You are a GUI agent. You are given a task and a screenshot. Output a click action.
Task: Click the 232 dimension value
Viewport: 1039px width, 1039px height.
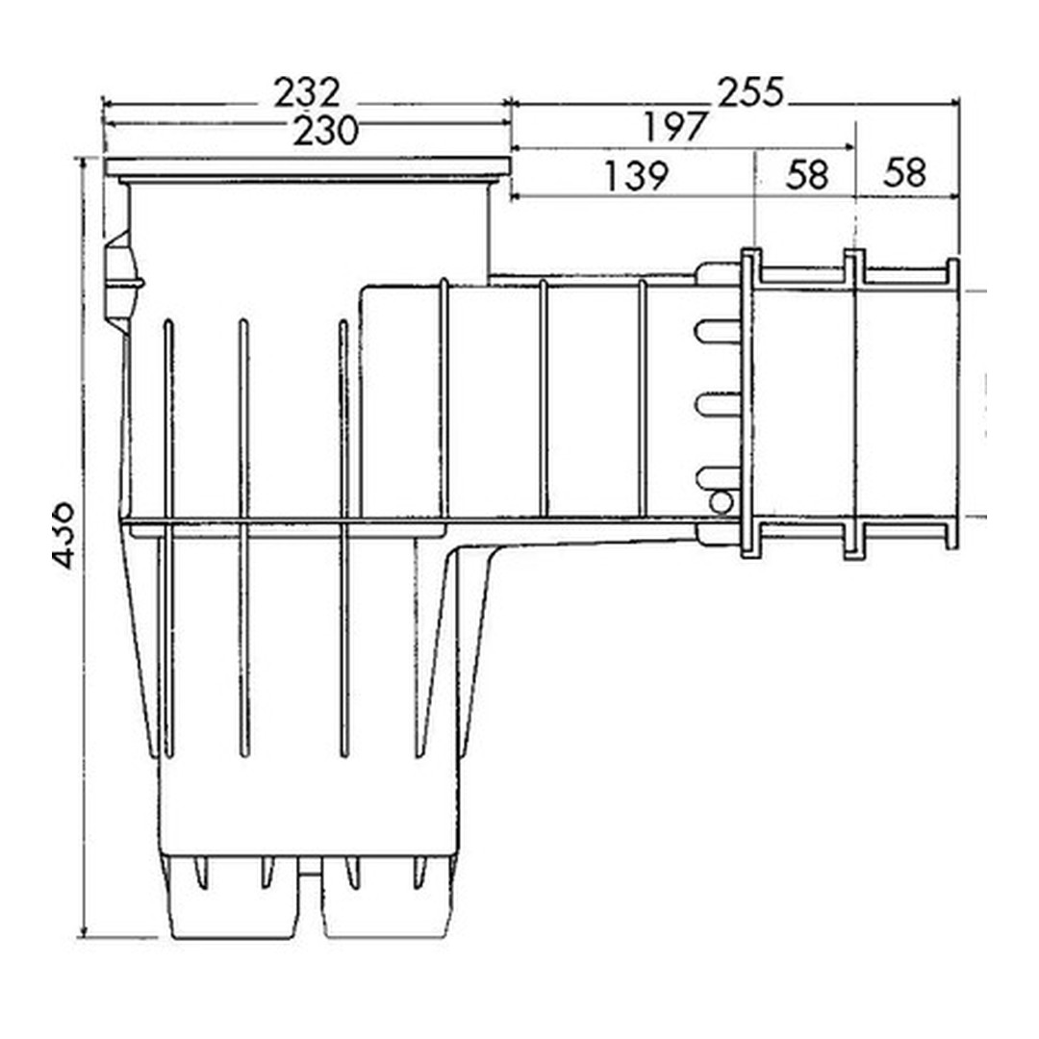click(x=307, y=94)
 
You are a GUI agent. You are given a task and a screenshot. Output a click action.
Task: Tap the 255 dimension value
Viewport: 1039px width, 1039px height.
click(x=750, y=92)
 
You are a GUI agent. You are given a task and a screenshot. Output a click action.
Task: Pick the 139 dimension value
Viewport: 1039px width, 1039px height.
click(x=635, y=176)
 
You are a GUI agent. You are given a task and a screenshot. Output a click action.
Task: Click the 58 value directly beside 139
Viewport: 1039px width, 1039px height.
click(x=806, y=175)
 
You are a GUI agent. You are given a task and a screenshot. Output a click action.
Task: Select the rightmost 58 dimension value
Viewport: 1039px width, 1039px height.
click(x=904, y=173)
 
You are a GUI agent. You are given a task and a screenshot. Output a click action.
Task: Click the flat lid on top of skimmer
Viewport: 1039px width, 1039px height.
click(x=307, y=168)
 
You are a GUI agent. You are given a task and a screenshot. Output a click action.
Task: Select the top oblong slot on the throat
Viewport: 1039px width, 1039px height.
click(x=718, y=332)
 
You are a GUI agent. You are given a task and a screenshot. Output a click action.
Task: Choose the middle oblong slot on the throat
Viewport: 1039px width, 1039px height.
click(x=718, y=404)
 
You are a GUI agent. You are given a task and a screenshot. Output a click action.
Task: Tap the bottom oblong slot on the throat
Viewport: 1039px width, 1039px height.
click(x=718, y=476)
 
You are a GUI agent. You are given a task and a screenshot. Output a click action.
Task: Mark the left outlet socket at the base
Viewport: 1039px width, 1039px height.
click(x=231, y=900)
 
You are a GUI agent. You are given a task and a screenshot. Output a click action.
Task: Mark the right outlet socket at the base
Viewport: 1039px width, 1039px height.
click(x=387, y=900)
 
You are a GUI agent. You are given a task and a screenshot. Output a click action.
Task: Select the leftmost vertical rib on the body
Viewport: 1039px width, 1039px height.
click(x=168, y=539)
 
